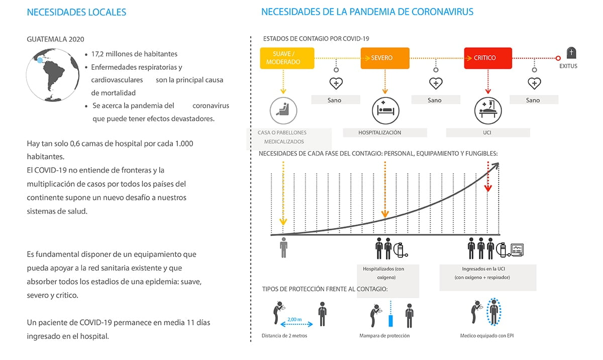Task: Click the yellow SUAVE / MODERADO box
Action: [x=287, y=58]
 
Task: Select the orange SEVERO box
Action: [x=385, y=58]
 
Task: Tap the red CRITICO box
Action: [x=488, y=58]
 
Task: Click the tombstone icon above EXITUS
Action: [x=571, y=53]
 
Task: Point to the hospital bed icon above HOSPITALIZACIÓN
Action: [x=385, y=110]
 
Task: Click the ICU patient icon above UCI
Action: [x=488, y=110]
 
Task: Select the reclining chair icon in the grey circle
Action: [x=283, y=110]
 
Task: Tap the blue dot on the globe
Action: [x=40, y=60]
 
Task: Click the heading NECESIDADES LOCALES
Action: [x=76, y=13]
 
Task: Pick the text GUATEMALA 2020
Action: [x=55, y=39]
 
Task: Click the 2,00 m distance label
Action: [x=294, y=319]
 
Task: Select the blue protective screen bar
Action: [x=390, y=321]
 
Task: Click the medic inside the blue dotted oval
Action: [x=493, y=312]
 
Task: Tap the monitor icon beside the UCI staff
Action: [x=517, y=250]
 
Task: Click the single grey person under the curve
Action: [x=283, y=248]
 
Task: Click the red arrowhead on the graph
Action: [x=488, y=188]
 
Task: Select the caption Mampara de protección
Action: [x=384, y=335]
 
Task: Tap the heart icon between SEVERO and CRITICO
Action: [x=436, y=83]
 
